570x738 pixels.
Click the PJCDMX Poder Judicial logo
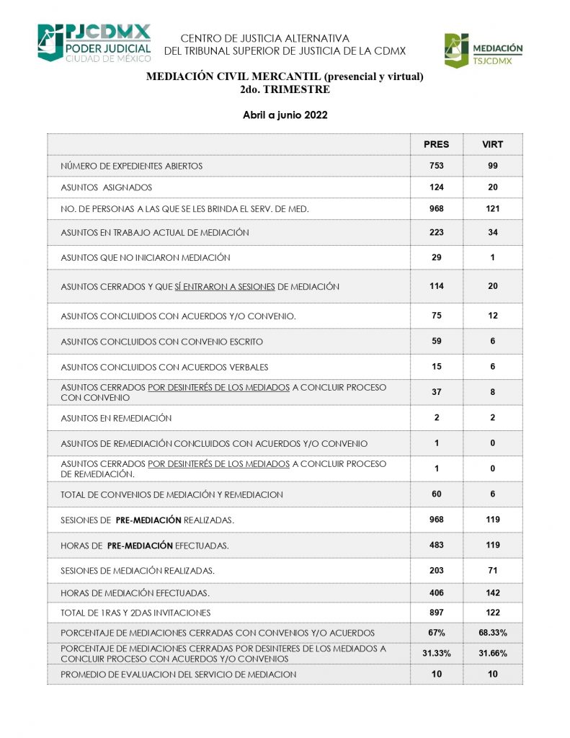tap(94, 43)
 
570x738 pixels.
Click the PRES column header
tap(436, 144)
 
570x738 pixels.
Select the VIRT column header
tap(493, 144)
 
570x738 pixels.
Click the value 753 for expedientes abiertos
tap(436, 166)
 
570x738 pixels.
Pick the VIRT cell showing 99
tap(493, 166)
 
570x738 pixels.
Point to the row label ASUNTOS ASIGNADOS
tap(106, 187)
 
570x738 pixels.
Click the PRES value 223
tap(436, 232)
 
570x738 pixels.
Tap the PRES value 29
tap(436, 257)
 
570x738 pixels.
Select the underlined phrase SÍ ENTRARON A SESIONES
tap(225, 286)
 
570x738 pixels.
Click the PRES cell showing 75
tap(436, 315)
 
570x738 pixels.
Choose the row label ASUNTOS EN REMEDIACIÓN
tap(116, 418)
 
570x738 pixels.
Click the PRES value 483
tap(436, 546)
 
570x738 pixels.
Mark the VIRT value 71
tap(493, 570)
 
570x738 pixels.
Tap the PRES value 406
tap(436, 592)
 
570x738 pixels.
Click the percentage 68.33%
tap(493, 632)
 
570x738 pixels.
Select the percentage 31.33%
tap(436, 653)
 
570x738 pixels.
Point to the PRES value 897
tap(436, 612)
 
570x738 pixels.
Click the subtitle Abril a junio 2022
tap(285, 115)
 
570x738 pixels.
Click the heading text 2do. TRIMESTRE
tap(285, 90)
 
